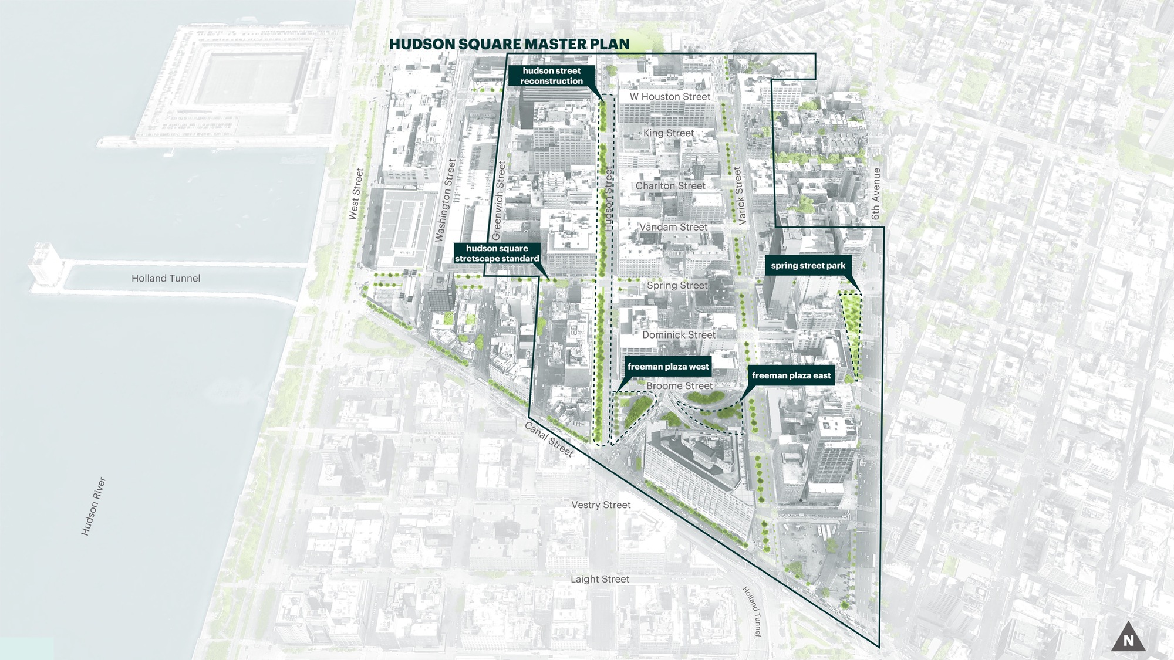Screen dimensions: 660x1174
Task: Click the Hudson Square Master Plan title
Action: (509, 45)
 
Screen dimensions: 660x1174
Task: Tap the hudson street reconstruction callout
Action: (551, 76)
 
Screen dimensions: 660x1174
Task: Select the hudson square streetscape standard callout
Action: (497, 253)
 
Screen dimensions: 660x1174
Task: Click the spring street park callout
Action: (808, 266)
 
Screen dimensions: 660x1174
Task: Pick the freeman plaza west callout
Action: (668, 367)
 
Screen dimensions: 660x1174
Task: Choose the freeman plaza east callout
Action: (791, 375)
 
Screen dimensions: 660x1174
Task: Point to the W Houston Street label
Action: (670, 97)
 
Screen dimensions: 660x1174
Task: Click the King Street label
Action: (668, 133)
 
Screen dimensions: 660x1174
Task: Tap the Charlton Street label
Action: (670, 186)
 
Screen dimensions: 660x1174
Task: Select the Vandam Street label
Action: (673, 227)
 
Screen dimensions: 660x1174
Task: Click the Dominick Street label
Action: (679, 335)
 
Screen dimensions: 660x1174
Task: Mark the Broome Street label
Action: (679, 386)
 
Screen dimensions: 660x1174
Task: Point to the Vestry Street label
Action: (601, 505)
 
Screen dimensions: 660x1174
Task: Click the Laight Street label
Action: (600, 579)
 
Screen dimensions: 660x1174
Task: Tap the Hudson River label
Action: (93, 506)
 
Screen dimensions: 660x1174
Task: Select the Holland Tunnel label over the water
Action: (166, 279)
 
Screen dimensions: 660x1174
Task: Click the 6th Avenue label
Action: (876, 194)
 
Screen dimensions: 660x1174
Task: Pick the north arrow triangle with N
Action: (1128, 638)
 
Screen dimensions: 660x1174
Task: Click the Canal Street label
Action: (549, 439)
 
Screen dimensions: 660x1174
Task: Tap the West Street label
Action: (356, 194)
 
